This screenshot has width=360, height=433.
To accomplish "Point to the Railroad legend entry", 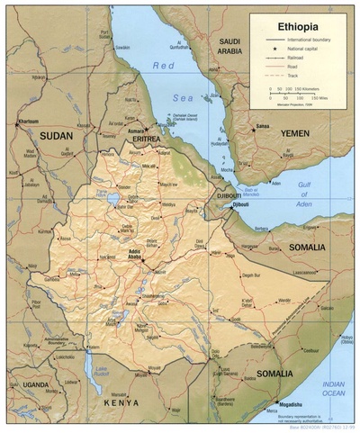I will click(x=296, y=58).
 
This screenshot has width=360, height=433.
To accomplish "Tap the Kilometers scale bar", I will click(x=292, y=91).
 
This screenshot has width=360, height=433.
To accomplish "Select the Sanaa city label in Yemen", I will click(x=262, y=126).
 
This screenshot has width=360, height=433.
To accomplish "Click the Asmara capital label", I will click(x=138, y=130).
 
